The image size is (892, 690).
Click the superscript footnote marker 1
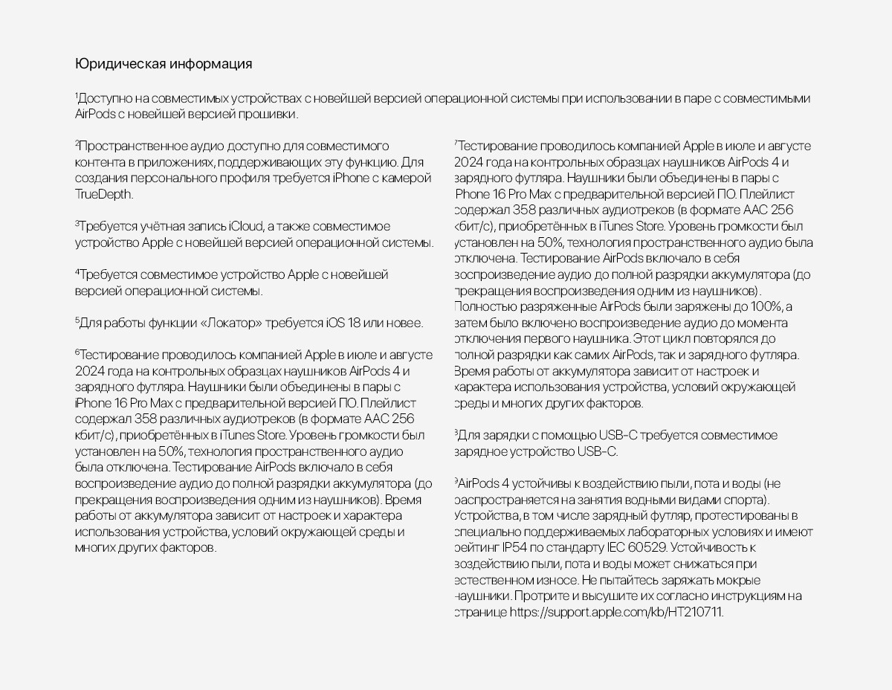[x=76, y=97]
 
